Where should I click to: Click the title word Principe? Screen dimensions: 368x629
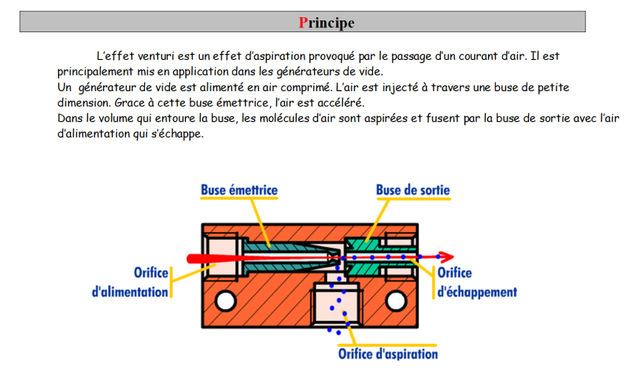[327, 22]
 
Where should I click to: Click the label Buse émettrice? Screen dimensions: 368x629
[239, 190]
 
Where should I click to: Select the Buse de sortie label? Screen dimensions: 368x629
[413, 190]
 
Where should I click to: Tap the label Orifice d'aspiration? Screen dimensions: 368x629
[387, 353]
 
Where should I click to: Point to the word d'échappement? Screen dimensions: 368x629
[477, 291]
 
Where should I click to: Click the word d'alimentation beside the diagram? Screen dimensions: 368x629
[131, 292]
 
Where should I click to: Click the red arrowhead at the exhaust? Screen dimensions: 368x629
[447, 256]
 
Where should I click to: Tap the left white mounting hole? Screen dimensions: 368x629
[225, 300]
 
